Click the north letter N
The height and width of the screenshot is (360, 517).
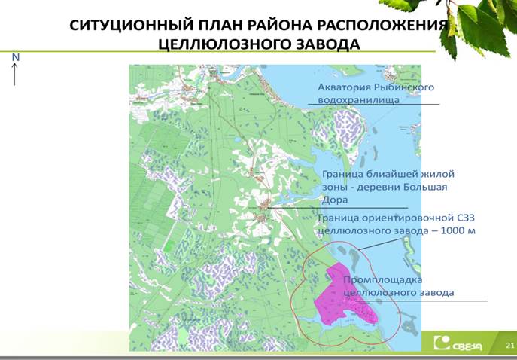tap(16, 57)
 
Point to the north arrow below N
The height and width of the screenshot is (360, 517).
tap(14, 75)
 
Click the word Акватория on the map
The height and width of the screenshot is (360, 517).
tap(343, 87)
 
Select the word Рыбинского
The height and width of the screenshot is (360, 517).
tap(404, 87)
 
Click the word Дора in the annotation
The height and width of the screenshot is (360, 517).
tap(334, 200)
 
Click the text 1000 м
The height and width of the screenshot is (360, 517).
tap(458, 230)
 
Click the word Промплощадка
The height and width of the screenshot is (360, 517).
tap(383, 280)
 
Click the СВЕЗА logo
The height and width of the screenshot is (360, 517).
tap(458, 343)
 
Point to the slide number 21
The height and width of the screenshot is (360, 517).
tap(510, 346)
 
